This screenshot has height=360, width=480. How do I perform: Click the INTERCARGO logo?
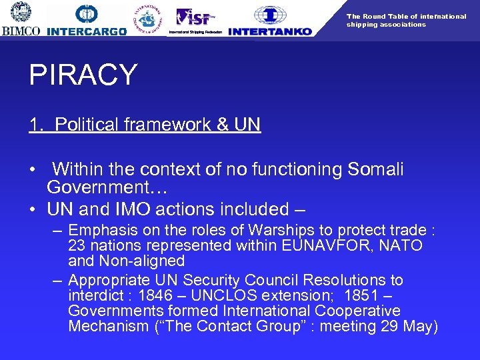tap(87, 21)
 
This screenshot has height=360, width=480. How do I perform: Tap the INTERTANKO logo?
tap(270, 21)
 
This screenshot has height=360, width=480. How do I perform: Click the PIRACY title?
tap(83, 75)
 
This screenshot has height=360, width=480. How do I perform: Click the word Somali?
tap(375, 170)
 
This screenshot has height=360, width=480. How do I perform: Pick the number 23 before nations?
tap(76, 245)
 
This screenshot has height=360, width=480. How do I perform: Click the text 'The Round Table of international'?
tap(406, 16)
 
